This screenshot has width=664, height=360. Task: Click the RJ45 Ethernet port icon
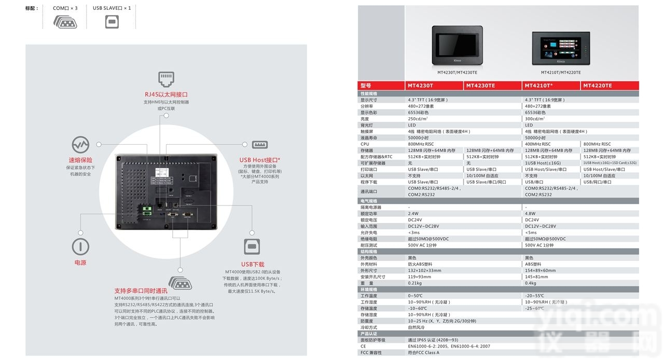166,79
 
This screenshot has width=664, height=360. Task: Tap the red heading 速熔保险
80,160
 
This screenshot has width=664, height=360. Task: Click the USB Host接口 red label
259,160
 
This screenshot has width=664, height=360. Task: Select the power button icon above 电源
80,246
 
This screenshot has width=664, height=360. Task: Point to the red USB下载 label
253,265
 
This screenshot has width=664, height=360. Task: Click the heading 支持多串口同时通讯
141,291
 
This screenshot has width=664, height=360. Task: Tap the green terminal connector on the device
147,210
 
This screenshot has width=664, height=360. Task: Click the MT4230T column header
420,86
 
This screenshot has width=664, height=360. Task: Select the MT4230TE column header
480,86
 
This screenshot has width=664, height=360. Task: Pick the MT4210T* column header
538,86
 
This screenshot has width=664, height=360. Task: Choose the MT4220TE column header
598,86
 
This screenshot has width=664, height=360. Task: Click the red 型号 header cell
366,86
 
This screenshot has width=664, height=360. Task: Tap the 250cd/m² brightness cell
418,119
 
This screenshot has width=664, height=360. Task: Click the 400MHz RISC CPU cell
537,144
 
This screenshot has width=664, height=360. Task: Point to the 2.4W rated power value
413,214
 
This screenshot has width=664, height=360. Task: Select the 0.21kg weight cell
415,283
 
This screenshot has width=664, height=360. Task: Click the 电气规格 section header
369,201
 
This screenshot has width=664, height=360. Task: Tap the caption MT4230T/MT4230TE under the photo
457,73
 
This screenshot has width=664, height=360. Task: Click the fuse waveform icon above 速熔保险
80,144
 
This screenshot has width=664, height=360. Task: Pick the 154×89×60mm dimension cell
540,270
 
